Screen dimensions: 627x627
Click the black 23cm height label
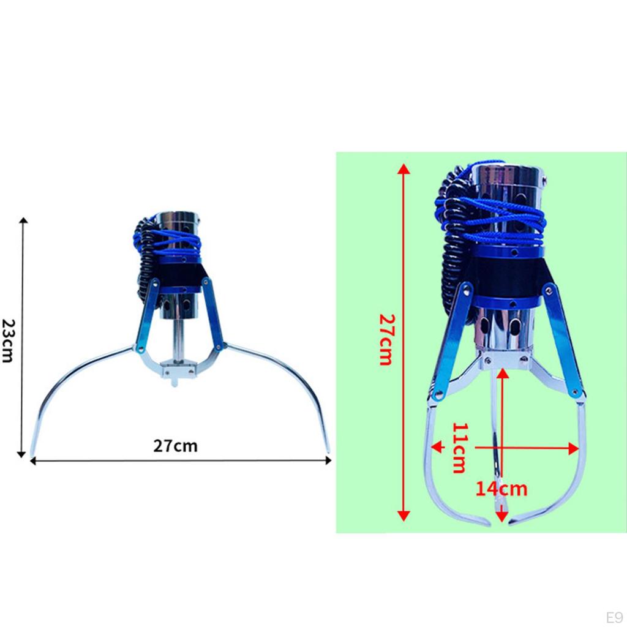click(9, 340)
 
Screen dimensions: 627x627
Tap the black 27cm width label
click(175, 446)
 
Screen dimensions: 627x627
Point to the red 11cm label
click(460, 448)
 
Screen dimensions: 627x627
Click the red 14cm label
click(501, 489)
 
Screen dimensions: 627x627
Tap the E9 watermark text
click(614, 617)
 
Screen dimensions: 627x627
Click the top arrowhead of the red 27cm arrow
click(404, 169)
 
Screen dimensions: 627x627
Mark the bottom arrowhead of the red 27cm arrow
click(404, 516)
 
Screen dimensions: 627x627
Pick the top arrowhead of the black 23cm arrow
click(24, 220)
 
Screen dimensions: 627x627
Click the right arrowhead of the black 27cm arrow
click(329, 460)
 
